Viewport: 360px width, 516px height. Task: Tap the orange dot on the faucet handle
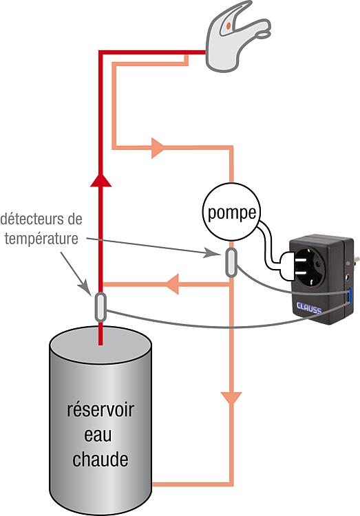[x=229, y=25]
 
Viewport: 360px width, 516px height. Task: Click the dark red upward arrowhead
[x=100, y=180]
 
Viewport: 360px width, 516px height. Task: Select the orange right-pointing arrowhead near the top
[x=158, y=148]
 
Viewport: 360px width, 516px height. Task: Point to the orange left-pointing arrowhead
[x=172, y=283]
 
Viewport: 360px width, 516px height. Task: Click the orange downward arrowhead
[x=231, y=398]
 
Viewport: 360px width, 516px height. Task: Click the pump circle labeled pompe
[x=231, y=213]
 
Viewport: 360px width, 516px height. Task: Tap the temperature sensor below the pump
[x=231, y=262]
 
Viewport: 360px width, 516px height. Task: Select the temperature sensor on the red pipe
[x=100, y=307]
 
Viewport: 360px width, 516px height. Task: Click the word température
[x=41, y=239]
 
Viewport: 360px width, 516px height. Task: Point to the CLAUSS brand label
[x=309, y=308]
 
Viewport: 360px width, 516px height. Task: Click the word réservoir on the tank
[x=100, y=410]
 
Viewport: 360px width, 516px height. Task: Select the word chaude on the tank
[x=100, y=460]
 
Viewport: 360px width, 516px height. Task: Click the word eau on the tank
[x=98, y=435]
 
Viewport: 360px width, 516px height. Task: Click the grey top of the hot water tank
[x=100, y=345]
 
